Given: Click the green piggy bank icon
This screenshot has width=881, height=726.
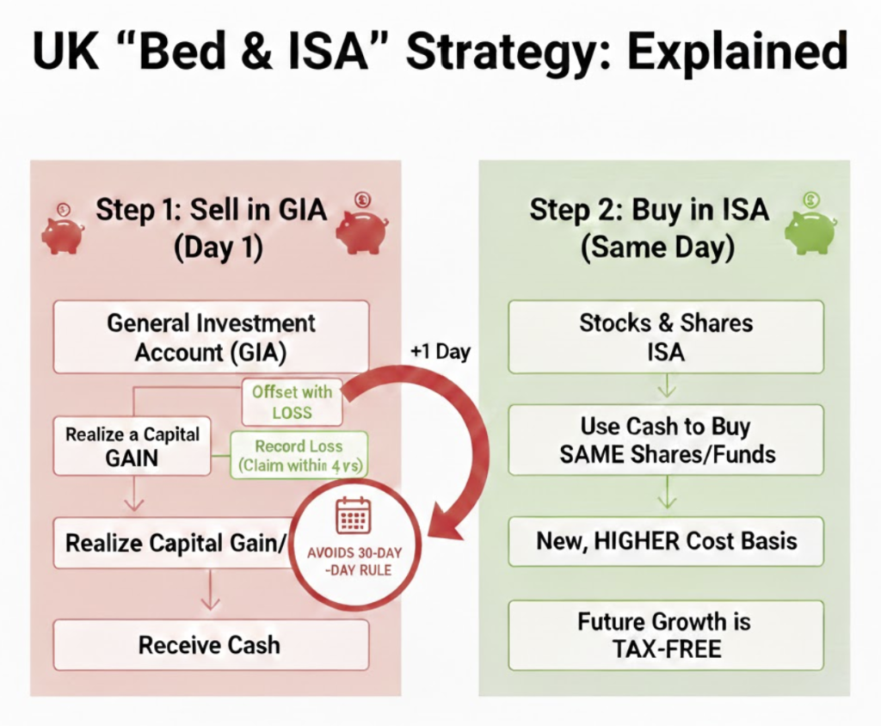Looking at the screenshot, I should pyautogui.click(x=810, y=228).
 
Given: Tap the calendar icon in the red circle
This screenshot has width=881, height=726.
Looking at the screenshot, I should pyautogui.click(x=353, y=515).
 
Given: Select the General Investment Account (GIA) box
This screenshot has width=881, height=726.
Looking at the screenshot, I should pyautogui.click(x=211, y=336).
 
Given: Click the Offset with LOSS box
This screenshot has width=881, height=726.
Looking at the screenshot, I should pyautogui.click(x=292, y=402).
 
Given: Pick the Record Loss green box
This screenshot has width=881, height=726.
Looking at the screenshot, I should pyautogui.click(x=298, y=456).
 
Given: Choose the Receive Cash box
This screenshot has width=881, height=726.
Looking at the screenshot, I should pyautogui.click(x=211, y=645).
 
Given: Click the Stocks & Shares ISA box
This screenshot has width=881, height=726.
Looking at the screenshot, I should pyautogui.click(x=665, y=336).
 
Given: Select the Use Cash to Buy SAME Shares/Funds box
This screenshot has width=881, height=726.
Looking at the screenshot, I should pyautogui.click(x=665, y=440).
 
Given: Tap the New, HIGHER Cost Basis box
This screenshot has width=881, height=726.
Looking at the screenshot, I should pyautogui.click(x=665, y=541).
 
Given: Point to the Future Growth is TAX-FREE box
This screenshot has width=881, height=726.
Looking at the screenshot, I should pyautogui.click(x=665, y=635).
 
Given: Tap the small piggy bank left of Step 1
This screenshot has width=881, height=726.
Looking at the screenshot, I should pyautogui.click(x=62, y=231).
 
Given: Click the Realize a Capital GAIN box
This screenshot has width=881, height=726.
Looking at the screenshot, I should pyautogui.click(x=132, y=446).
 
